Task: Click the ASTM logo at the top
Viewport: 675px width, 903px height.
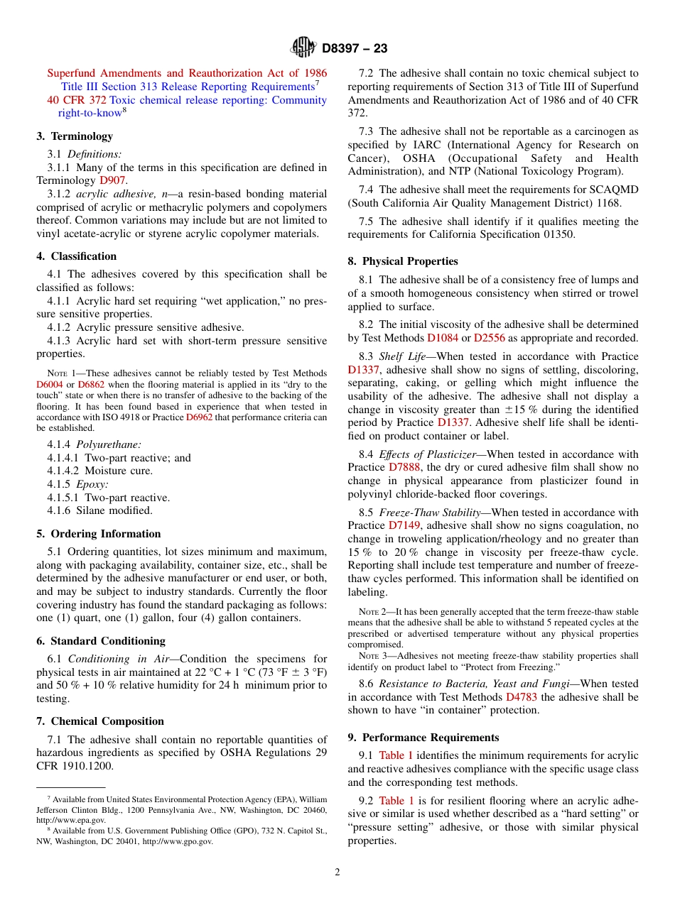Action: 303,48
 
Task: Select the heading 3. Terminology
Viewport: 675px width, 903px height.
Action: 75,136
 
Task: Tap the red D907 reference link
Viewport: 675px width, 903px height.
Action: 112,180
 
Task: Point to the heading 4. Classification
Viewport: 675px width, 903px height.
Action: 77,256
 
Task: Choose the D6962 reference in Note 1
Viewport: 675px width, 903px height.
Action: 199,417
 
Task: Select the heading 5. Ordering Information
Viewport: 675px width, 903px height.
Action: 99,534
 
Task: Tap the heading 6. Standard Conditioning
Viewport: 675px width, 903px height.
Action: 101,641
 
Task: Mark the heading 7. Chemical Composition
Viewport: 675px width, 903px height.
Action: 100,721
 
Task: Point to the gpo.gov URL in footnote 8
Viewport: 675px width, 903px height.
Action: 177,841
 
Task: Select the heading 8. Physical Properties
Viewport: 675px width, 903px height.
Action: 403,261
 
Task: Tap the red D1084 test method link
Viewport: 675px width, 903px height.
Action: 442,338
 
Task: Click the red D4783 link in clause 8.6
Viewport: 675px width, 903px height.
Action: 522,697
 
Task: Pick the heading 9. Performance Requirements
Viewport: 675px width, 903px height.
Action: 423,738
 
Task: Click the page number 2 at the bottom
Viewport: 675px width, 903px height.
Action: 337,872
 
